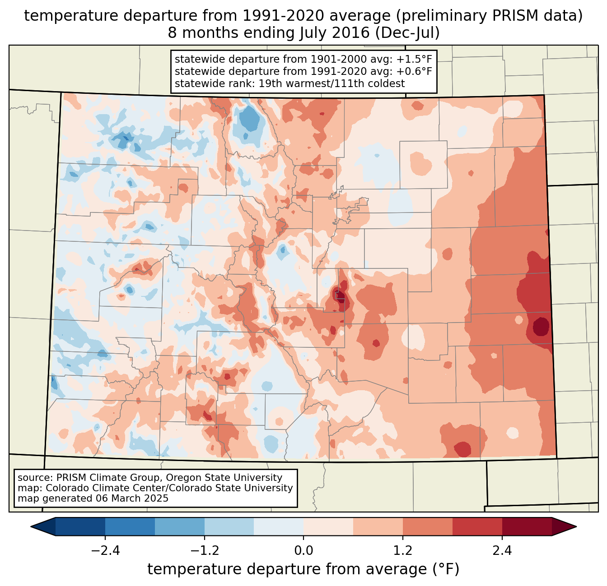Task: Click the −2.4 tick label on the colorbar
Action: [105, 551]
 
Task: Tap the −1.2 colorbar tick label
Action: [204, 551]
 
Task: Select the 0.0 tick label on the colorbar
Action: [303, 551]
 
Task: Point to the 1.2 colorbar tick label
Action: [403, 551]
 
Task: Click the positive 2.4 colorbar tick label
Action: [502, 551]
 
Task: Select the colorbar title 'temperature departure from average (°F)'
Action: [303, 569]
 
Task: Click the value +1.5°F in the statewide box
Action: [414, 59]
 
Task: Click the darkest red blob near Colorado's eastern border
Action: [541, 326]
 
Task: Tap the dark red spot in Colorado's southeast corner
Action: [462, 449]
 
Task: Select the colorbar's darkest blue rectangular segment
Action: [80, 526]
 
